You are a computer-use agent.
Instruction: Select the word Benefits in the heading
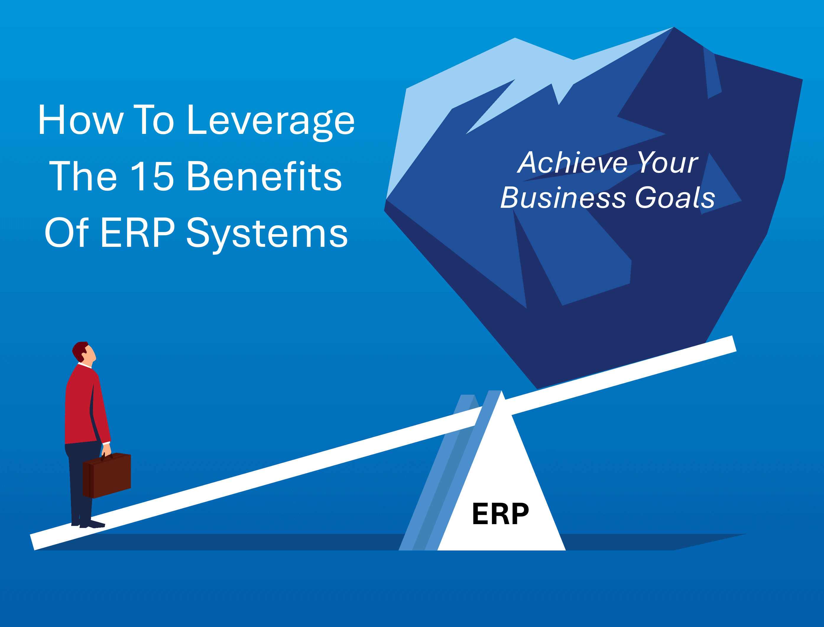[x=264, y=176]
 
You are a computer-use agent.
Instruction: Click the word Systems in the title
[x=267, y=233]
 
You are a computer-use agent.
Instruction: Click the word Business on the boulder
[x=563, y=197]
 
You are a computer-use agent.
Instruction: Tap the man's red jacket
[x=80, y=407]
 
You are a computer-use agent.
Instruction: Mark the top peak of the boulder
[x=674, y=28]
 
